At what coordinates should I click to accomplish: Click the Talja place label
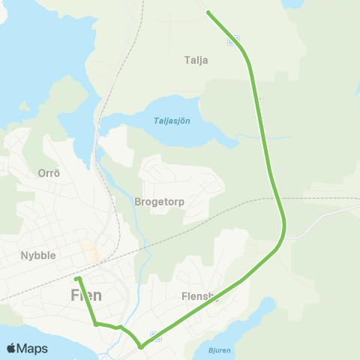tap(196, 60)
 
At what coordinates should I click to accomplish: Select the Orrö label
tap(48, 172)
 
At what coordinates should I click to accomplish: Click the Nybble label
tap(38, 255)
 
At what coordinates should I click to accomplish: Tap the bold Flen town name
tap(86, 295)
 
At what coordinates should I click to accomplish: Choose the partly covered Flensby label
tap(198, 296)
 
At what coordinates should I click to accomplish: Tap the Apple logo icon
tap(11, 348)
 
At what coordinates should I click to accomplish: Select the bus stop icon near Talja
tap(234, 40)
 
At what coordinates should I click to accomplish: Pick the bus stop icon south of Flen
tap(154, 335)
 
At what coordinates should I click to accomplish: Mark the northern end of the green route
tap(208, 13)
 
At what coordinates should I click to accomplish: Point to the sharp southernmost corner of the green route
tap(140, 346)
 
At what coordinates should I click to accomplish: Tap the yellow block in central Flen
tap(89, 247)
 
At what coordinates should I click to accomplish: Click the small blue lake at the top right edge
tap(292, 3)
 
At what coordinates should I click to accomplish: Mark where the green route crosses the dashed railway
tap(278, 199)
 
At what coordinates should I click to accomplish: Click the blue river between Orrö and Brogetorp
tap(112, 180)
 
